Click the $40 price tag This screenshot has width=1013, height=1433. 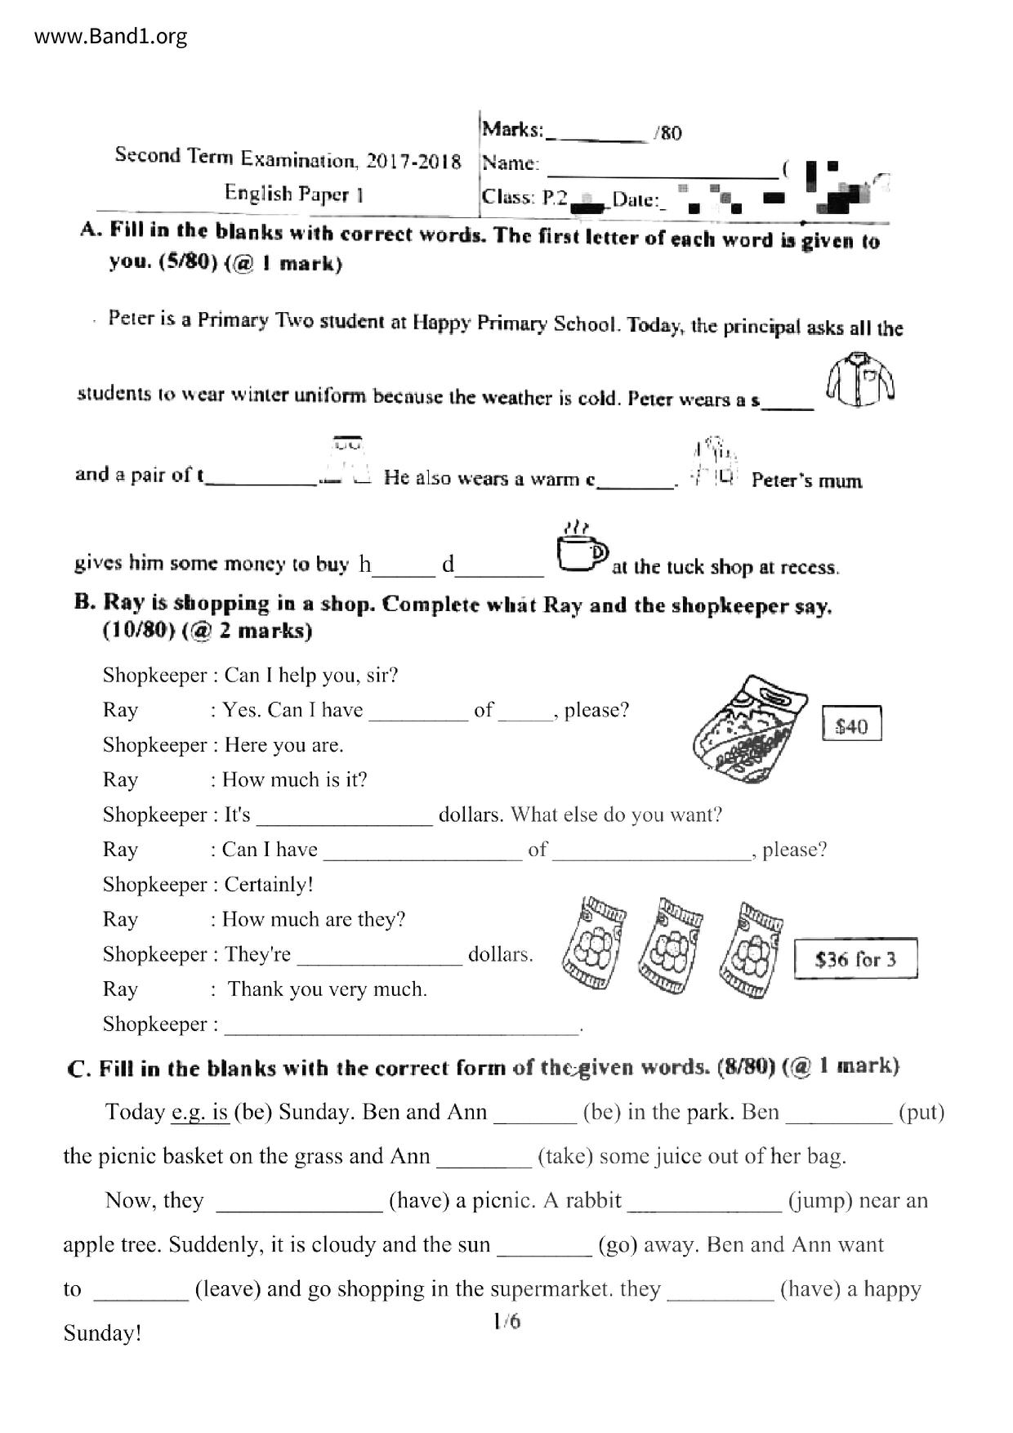[x=851, y=725]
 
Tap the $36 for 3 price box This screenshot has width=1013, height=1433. [x=855, y=958]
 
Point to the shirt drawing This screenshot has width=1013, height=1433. [x=859, y=380]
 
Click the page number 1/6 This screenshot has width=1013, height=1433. [x=506, y=1321]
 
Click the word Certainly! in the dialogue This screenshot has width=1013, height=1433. [x=269, y=885]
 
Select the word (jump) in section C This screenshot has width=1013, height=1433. [x=820, y=1200]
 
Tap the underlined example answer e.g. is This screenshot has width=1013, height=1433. [x=200, y=1112]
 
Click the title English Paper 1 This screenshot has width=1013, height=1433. [x=293, y=194]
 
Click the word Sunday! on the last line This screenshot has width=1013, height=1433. [x=102, y=1333]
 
